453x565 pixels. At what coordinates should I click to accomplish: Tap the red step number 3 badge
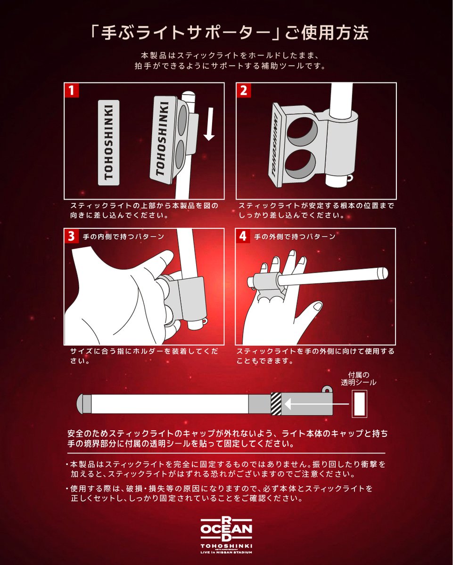point(71,236)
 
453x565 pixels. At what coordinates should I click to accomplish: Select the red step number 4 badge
point(243,236)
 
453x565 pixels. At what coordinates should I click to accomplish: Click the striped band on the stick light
point(276,404)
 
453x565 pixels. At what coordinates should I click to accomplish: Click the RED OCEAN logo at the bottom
point(226,530)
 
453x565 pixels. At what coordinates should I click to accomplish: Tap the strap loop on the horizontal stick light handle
point(326,390)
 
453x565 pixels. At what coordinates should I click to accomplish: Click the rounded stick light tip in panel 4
point(382,273)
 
